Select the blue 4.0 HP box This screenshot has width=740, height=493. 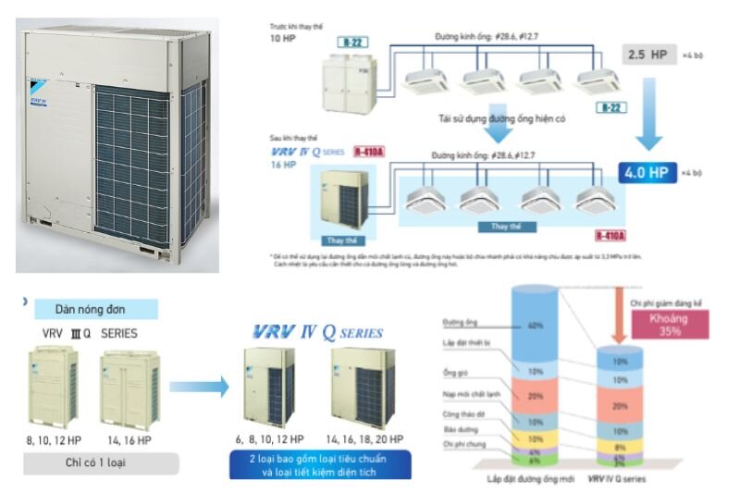click(x=647, y=172)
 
